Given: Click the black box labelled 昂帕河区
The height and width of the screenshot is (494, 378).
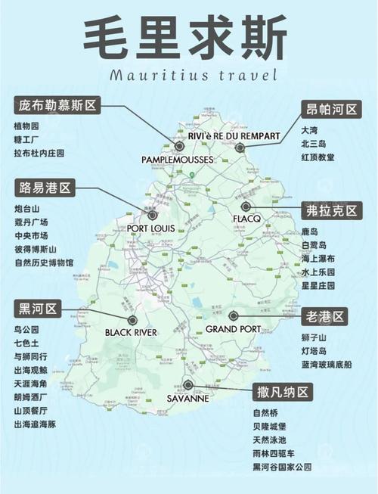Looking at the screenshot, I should click(330, 109).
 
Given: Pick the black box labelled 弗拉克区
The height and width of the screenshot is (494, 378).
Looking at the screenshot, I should click(330, 210).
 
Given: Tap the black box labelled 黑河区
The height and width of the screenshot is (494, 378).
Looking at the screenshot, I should click(37, 308).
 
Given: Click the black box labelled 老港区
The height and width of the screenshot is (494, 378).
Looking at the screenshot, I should click(324, 315).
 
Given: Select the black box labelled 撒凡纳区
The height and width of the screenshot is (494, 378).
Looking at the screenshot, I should click(282, 392).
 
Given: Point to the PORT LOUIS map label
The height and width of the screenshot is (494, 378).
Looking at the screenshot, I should click(151, 228).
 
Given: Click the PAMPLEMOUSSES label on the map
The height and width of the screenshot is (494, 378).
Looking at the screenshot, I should click(178, 160).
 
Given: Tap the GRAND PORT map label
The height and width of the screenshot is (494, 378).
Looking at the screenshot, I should click(233, 329).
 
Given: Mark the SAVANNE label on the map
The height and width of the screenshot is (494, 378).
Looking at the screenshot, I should click(188, 398).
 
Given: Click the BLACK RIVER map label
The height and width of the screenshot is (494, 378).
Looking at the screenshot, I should click(131, 332).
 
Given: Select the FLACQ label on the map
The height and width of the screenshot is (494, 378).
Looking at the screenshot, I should click(247, 219).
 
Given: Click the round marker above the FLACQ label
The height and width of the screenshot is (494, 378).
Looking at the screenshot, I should click(245, 206).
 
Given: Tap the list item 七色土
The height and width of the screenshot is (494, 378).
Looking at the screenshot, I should click(26, 343).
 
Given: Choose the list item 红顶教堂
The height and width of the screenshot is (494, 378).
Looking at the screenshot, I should click(318, 157).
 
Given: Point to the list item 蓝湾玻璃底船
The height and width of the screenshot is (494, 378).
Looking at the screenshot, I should click(326, 364).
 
